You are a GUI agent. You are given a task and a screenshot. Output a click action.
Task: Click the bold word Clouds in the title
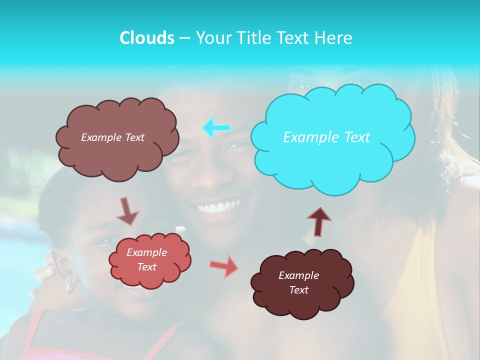[147, 37]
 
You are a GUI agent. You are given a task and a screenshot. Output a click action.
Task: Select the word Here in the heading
[334, 37]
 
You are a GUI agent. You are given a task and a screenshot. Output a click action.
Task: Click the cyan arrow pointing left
[216, 128]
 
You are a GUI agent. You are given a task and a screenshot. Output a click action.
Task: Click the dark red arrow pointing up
[319, 221]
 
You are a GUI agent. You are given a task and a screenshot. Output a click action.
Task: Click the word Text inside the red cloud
[147, 267]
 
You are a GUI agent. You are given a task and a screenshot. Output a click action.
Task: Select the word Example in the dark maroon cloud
[298, 275]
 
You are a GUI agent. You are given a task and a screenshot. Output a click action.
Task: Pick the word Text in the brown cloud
[134, 137]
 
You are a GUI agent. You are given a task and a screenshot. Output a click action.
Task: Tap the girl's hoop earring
[71, 287]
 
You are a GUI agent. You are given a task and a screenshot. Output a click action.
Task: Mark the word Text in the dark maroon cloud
[298, 290]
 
